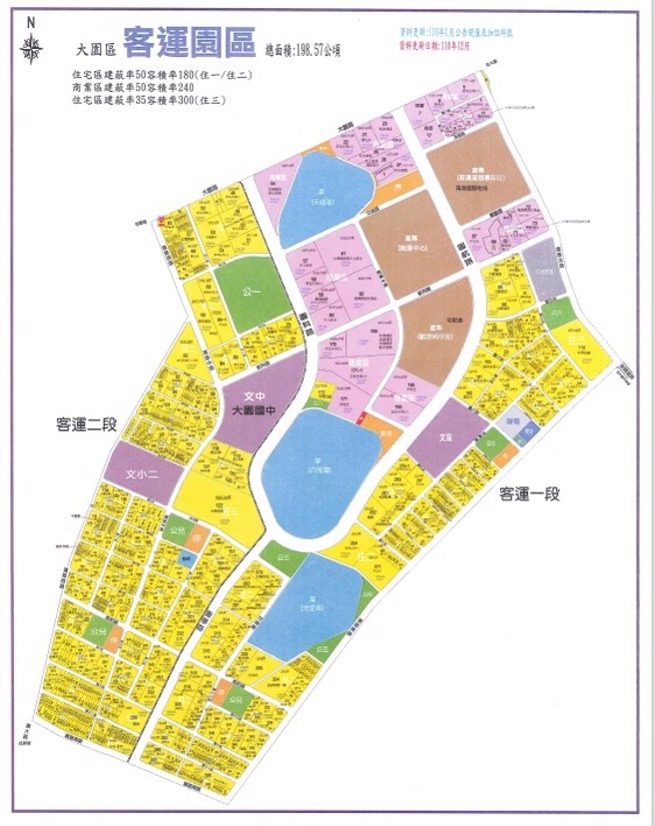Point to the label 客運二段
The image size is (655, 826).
(x=86, y=424)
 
